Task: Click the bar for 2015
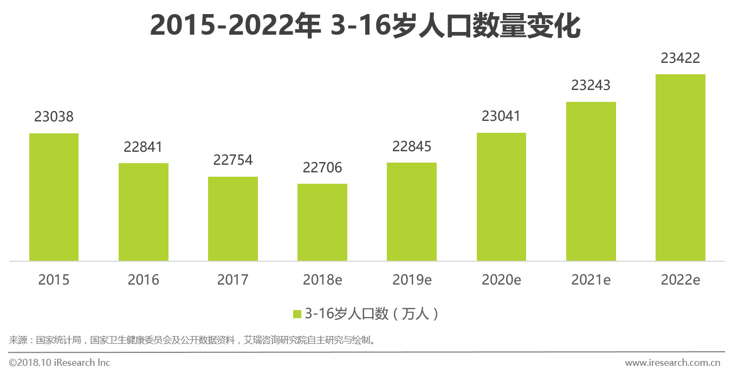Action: pos(54,197)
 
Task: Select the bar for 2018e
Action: pos(322,222)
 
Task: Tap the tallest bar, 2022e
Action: pos(680,167)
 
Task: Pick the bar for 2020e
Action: pos(501,197)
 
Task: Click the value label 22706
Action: pos(322,168)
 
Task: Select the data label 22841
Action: pos(143,147)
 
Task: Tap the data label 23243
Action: pos(591,86)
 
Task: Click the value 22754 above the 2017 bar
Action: pos(233,160)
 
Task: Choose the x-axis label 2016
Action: pos(143,280)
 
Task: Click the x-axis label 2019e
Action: pos(412,280)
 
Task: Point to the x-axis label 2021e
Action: pos(591,280)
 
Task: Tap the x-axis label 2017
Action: pos(233,280)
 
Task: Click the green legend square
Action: pos(297,314)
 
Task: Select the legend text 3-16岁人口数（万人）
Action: pos(372,314)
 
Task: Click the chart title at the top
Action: pos(365,26)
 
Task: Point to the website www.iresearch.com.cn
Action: pos(672,363)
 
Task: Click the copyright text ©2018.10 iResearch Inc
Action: pos(59,363)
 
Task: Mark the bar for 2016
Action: pos(143,212)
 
